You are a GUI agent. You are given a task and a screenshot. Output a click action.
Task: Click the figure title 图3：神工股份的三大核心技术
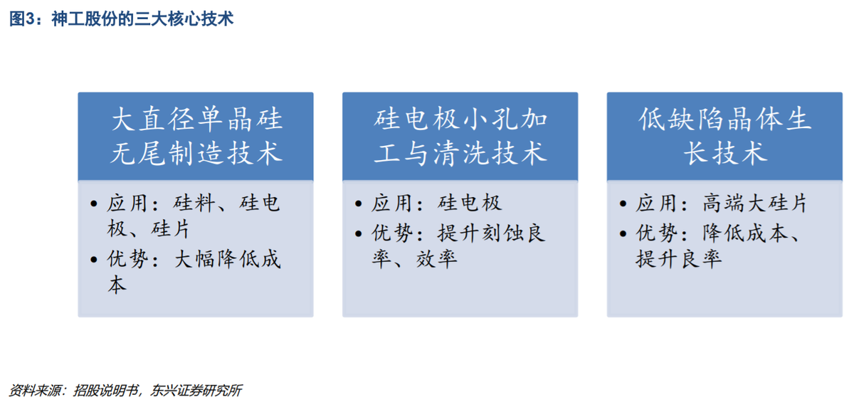[x=121, y=18]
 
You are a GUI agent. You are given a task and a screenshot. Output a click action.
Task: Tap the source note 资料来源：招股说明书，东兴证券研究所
[x=125, y=391]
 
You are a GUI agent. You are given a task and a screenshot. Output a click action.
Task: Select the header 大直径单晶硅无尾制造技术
[x=196, y=136]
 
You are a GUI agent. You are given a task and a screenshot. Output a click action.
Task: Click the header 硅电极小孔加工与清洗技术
[x=460, y=136]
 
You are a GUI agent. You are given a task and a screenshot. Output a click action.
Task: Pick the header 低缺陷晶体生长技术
[x=724, y=136]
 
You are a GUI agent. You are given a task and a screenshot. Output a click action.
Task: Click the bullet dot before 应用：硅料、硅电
[x=94, y=204]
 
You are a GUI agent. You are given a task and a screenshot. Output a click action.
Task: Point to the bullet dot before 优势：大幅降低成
[x=94, y=260]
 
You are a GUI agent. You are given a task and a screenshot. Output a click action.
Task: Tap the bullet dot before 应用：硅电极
[x=359, y=204]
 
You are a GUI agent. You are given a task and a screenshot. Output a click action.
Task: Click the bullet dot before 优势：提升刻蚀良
[x=359, y=233]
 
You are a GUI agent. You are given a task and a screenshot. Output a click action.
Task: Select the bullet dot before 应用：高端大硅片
[x=623, y=204]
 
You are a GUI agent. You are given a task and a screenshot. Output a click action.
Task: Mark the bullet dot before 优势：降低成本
[x=623, y=233]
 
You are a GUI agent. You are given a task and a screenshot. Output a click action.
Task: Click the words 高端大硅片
[x=754, y=203]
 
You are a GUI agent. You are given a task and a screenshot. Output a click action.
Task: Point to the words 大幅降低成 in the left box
[x=228, y=260]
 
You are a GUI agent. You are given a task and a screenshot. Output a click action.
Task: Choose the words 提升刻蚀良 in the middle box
[x=492, y=233]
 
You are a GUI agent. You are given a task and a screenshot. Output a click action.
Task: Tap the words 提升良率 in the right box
[x=679, y=259]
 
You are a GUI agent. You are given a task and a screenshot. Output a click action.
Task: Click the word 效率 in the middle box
[x=436, y=259]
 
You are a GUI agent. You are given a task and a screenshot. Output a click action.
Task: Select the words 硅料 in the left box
[x=194, y=203]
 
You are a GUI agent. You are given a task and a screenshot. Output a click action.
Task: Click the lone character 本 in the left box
[x=117, y=285]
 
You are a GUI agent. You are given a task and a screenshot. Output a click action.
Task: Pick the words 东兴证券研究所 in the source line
[x=196, y=391]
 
